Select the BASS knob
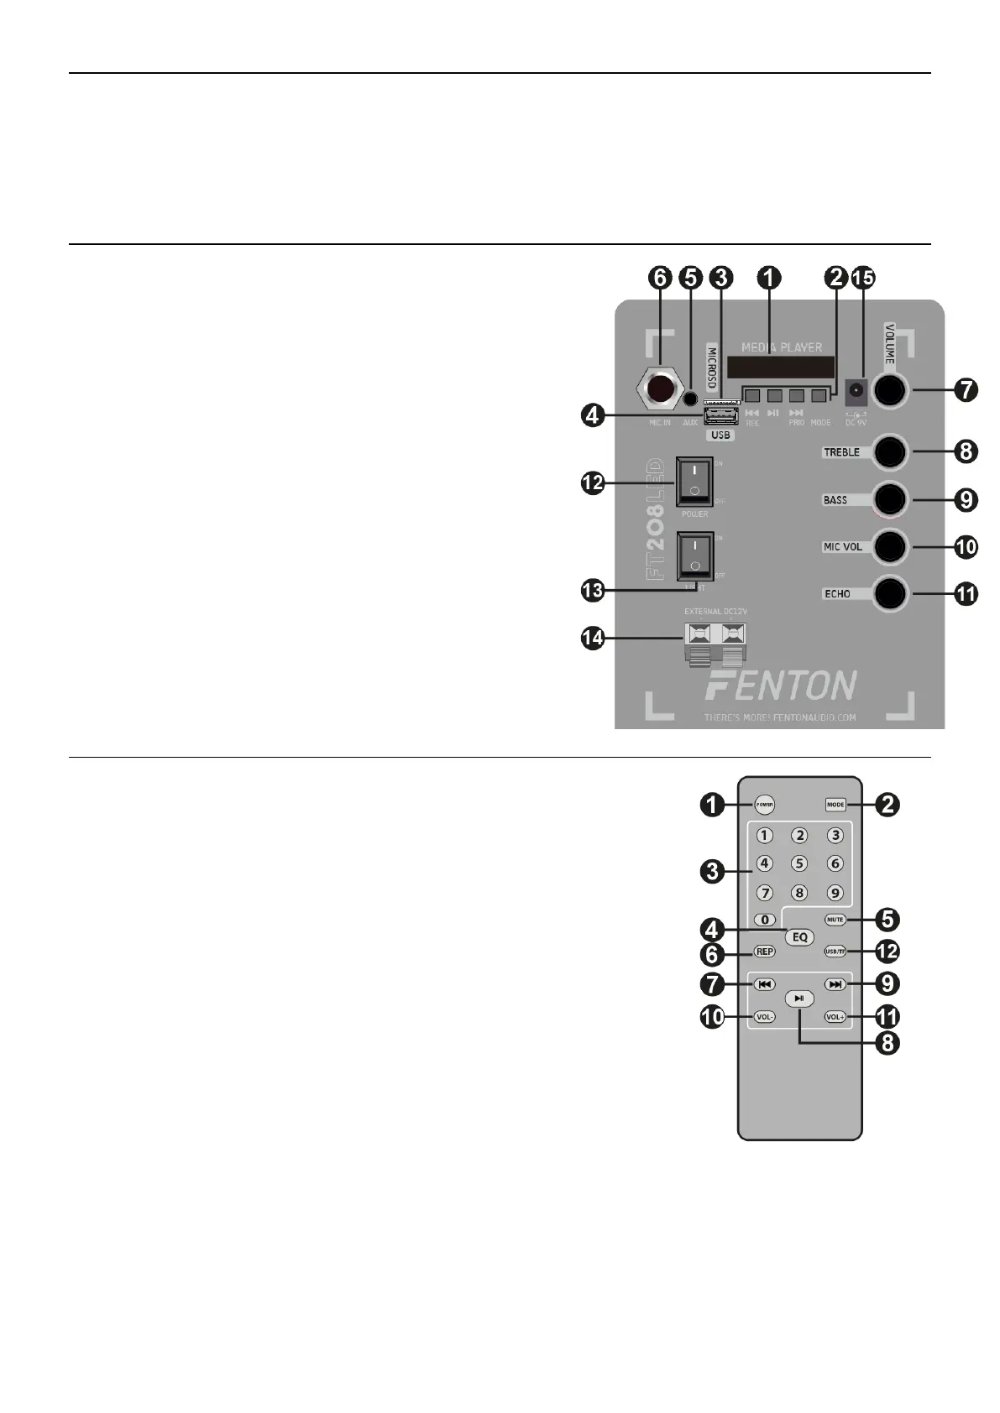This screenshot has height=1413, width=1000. coord(890,499)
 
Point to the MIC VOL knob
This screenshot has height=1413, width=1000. coord(890,546)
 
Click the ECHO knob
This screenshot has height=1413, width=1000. coord(890,593)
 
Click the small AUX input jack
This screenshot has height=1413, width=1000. coord(690,400)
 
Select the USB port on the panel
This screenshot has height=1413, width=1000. coord(720,417)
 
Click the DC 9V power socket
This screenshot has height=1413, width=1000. coord(856,390)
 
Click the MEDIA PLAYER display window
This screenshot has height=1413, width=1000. coord(781,367)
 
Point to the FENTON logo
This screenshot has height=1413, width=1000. coord(781,686)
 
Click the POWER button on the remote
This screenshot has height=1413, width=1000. coord(764,805)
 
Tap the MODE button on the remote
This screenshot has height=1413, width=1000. coord(835,805)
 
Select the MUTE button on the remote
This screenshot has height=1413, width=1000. coord(835,920)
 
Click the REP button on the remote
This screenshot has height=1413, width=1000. coord(764,952)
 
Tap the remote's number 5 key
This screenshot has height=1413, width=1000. coord(799,863)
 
